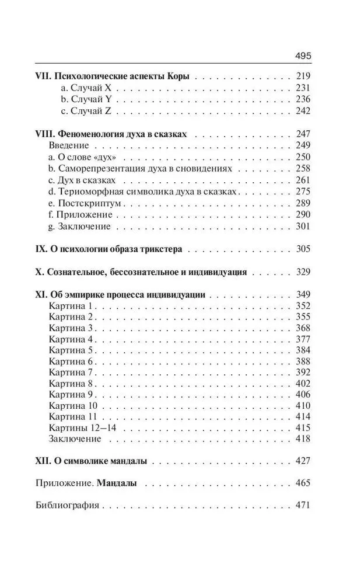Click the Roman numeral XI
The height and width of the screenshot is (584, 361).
point(41,295)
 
